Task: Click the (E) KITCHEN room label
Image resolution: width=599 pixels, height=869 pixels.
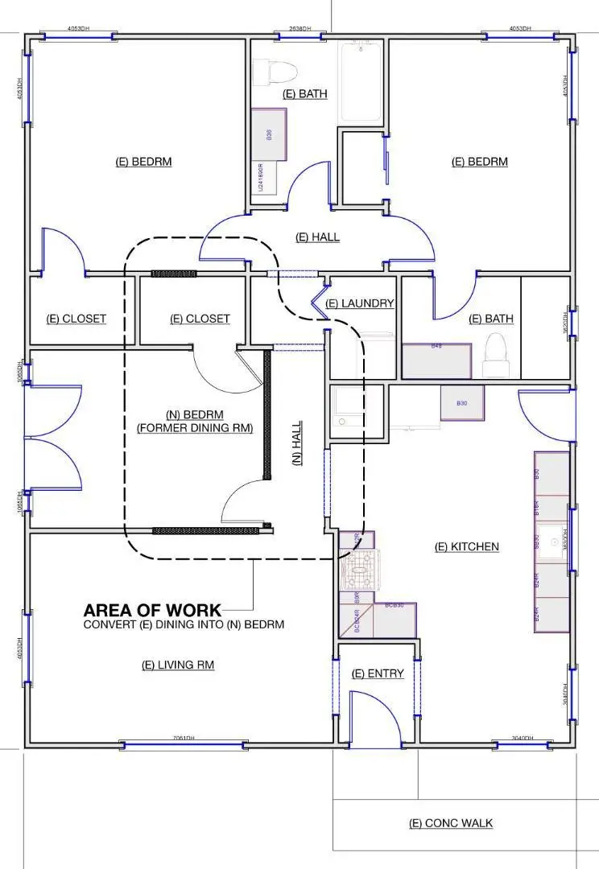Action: click(x=466, y=547)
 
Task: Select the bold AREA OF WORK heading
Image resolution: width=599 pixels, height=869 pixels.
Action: click(x=151, y=610)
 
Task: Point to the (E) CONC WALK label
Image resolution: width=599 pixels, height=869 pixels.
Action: click(x=451, y=823)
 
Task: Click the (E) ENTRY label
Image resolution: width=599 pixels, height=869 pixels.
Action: click(x=378, y=673)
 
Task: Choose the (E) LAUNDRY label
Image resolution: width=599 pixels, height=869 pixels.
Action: click(x=360, y=303)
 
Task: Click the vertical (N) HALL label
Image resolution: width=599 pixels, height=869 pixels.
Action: click(x=296, y=444)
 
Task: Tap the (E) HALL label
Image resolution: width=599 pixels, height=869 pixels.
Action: click(x=317, y=237)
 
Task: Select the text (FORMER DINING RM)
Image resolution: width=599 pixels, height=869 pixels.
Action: click(x=195, y=428)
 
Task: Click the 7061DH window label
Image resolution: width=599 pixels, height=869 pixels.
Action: click(x=182, y=739)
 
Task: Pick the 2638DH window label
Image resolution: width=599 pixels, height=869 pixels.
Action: click(x=300, y=29)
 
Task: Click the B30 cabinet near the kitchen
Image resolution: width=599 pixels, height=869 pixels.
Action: click(x=462, y=402)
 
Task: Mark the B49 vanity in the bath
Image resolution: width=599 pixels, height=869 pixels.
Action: click(x=436, y=361)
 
